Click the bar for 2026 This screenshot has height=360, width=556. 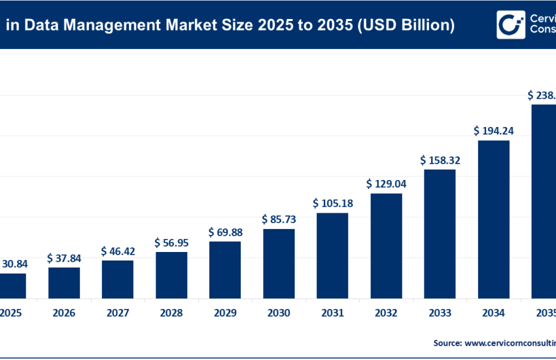(x=64, y=283)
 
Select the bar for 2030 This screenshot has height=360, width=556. (x=279, y=263)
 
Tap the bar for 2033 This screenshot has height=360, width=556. (x=440, y=234)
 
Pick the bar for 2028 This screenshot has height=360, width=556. (x=171, y=275)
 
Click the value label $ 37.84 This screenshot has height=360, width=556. (x=64, y=259)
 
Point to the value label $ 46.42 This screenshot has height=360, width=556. (x=118, y=251)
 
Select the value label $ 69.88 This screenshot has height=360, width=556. (x=225, y=232)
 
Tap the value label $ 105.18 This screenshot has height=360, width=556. (x=332, y=204)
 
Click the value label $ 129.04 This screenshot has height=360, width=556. (x=386, y=184)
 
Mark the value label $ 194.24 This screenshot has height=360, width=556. (x=493, y=131)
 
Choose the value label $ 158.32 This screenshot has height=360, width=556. (x=440, y=160)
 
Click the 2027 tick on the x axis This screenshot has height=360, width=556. (x=118, y=314)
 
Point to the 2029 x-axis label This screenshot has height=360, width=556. (x=225, y=314)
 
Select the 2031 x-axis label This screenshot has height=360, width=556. (x=332, y=314)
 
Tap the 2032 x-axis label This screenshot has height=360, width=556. (x=386, y=314)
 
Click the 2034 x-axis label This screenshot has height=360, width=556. (x=493, y=314)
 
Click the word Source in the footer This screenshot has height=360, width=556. (x=447, y=342)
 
